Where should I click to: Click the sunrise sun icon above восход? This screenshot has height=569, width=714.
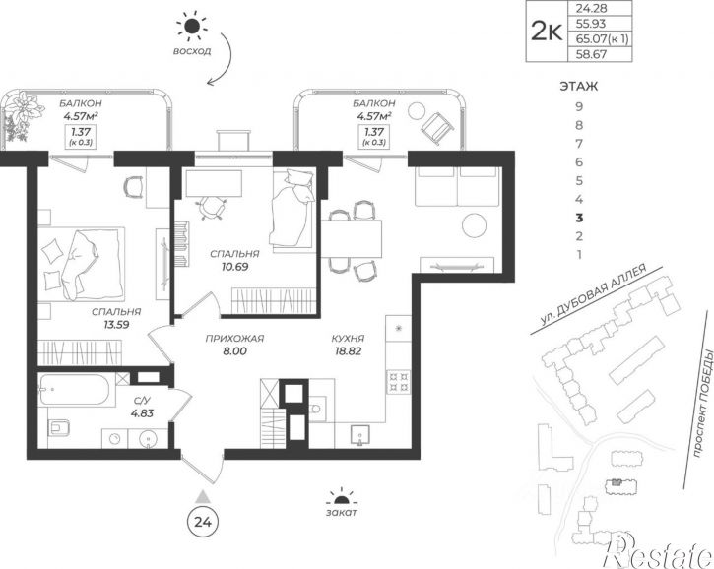192,27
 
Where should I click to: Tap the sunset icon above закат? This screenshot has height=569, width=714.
342,497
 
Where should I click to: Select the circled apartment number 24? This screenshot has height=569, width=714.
203,522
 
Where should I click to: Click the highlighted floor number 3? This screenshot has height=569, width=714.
579,218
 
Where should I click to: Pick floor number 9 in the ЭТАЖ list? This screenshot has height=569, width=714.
579,106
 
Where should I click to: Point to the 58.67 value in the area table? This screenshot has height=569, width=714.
592,54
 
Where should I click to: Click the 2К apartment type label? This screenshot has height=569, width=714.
547,32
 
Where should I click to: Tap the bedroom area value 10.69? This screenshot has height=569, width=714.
235,267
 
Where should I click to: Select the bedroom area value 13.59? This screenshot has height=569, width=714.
116,325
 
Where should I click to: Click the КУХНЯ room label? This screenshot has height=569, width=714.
348,339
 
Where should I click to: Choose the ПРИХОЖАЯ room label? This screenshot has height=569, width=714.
235,339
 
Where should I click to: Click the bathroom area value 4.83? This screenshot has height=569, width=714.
142,413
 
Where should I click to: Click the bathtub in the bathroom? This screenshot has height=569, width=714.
74,389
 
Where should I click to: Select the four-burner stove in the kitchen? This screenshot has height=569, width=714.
399,381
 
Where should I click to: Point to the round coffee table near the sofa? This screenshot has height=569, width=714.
475,224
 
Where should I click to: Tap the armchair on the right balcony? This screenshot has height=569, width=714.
437,126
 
